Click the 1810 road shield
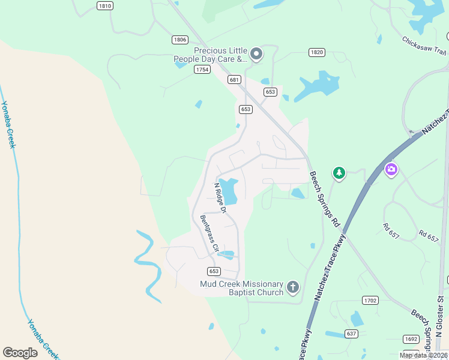pos(104,5)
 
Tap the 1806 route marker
pos(179,40)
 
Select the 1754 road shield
pos(202,70)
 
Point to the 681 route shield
pos(234,79)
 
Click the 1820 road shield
pos(317,53)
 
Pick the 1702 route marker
pos(370,299)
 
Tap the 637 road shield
pos(352,333)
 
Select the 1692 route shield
pos(411,339)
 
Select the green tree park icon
pos(339,173)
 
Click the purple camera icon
pos(391,170)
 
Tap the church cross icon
pos(293,287)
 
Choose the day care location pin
pos(256,54)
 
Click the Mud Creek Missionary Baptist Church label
pos(241,288)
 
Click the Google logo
pos(20,353)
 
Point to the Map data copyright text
pos(423,355)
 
